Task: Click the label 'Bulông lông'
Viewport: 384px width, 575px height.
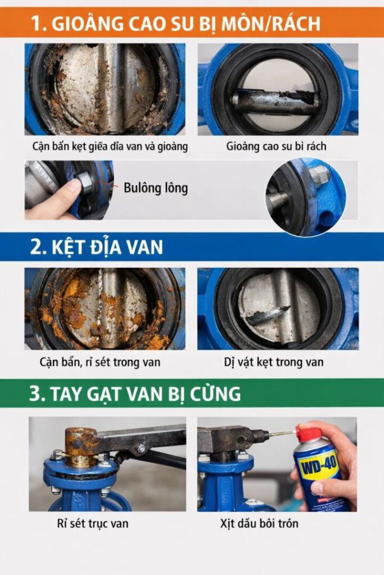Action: tap(156, 188)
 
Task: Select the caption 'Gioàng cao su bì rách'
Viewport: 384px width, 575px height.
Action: tap(276, 147)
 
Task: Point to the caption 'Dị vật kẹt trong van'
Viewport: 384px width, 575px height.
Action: tap(274, 362)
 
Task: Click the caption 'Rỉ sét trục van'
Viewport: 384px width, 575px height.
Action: tap(93, 523)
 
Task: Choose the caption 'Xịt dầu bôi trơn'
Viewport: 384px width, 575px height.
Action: tap(259, 523)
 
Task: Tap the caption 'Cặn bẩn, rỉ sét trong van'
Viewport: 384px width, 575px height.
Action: tap(100, 362)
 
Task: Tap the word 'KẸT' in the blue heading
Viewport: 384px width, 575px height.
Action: tap(68, 247)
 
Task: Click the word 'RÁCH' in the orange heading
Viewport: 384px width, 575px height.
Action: tap(297, 22)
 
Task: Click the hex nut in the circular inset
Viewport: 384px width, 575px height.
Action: tap(318, 174)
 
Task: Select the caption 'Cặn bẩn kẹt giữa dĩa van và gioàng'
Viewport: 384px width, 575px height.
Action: tap(110, 147)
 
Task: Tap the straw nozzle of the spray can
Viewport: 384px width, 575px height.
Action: tap(282, 433)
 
